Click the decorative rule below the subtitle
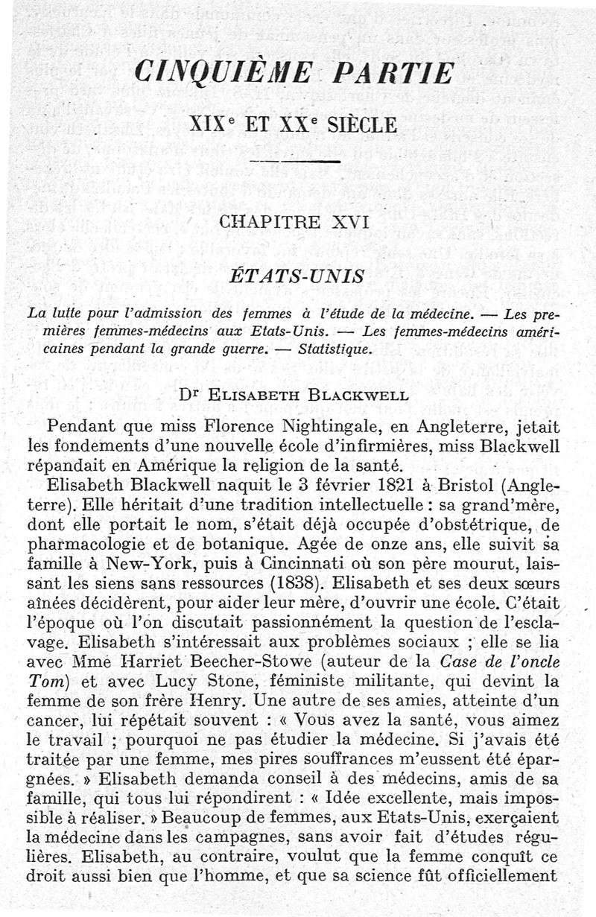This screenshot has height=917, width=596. point(296,161)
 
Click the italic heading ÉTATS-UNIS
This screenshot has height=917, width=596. point(296,276)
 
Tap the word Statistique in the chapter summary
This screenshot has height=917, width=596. point(330,348)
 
